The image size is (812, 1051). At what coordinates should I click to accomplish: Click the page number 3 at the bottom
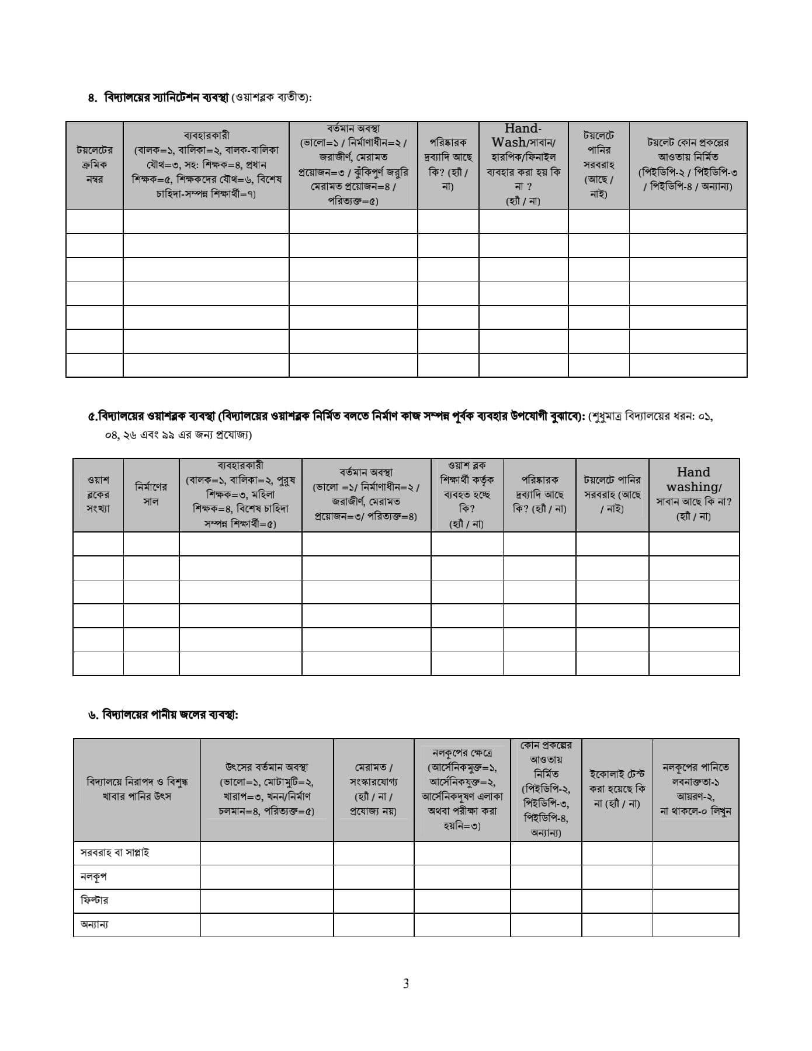[406, 983]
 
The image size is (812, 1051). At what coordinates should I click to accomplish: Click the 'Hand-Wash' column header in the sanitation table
[523, 165]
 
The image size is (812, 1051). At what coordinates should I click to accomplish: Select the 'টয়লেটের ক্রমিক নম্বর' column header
[95, 165]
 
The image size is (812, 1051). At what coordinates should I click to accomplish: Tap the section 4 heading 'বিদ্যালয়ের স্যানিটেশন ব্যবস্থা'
[166, 98]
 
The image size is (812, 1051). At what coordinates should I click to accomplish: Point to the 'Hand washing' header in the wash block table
[693, 494]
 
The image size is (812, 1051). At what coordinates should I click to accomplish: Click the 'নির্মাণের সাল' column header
[151, 494]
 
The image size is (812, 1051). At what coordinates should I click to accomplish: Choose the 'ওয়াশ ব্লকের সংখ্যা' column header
[98, 494]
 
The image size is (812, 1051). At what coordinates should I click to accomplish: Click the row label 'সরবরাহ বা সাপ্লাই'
[114, 852]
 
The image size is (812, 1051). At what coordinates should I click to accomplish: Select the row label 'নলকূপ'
[93, 876]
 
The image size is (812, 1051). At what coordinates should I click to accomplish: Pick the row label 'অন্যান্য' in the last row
[94, 924]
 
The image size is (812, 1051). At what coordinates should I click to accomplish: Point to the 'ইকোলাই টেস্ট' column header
[617, 789]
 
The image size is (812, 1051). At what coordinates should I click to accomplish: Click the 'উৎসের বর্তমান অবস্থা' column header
[266, 789]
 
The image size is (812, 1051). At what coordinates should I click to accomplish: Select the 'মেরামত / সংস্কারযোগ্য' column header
[373, 789]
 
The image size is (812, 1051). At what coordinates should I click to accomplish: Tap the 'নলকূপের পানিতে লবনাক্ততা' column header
[695, 789]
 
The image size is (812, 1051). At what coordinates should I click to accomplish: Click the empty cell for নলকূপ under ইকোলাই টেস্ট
[617, 876]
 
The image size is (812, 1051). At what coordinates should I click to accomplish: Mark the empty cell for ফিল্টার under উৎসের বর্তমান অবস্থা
[266, 900]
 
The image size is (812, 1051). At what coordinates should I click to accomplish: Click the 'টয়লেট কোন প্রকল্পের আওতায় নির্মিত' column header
[688, 165]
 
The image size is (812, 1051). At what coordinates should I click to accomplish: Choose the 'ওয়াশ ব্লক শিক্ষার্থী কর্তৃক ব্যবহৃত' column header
[466, 494]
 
